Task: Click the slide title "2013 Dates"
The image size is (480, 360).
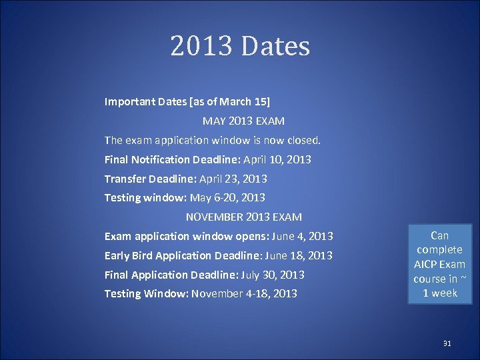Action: (240, 47)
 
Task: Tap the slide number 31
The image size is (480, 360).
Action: (447, 343)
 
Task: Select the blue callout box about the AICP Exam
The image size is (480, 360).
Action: (440, 263)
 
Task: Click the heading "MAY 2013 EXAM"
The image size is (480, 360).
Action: (243, 121)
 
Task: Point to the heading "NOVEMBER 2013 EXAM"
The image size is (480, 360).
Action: (243, 217)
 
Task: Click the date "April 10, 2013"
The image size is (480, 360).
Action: (277, 160)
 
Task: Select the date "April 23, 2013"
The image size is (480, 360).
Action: (233, 179)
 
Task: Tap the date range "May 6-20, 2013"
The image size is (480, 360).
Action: (227, 197)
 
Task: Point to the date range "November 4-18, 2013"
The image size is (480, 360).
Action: (244, 293)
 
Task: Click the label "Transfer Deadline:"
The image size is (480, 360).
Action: (143, 179)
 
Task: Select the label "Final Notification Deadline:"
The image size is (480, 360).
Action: (173, 160)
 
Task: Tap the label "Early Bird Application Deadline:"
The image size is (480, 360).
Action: (183, 256)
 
